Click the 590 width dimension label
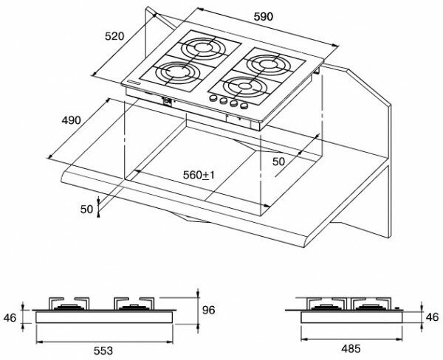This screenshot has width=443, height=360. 264,17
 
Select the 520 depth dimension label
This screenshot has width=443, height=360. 114,36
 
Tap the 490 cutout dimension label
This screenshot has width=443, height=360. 71,120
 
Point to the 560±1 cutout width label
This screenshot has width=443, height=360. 199,175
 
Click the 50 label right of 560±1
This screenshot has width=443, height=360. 278,162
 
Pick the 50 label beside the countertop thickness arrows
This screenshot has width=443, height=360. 86,210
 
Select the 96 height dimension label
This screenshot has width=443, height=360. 209,310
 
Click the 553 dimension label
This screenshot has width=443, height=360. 103,350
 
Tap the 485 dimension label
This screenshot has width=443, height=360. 351,349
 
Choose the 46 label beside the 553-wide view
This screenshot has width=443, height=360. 10,318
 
